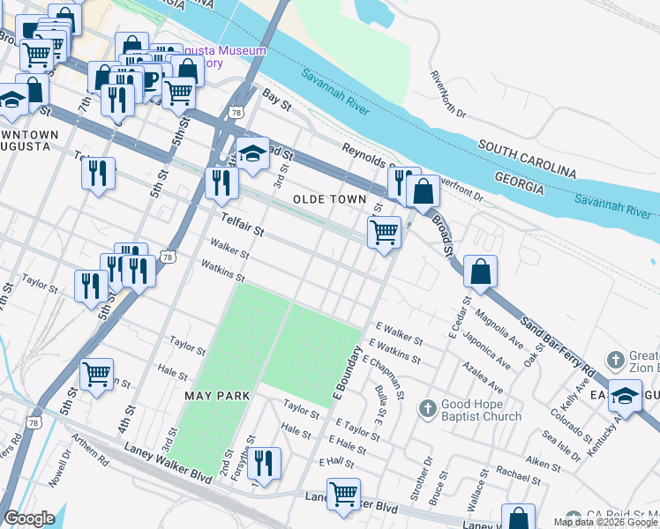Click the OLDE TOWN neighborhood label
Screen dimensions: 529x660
pos(329,200)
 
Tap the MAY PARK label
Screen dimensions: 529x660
pos(218,396)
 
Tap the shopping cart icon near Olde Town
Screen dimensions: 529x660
pos(384,232)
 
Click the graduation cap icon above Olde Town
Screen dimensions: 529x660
pos(252,153)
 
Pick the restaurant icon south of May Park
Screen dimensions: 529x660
pos(263,461)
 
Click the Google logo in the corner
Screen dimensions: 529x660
pos(29,518)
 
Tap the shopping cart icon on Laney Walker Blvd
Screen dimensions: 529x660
pos(343,493)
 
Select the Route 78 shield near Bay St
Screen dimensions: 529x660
pos(235,113)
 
